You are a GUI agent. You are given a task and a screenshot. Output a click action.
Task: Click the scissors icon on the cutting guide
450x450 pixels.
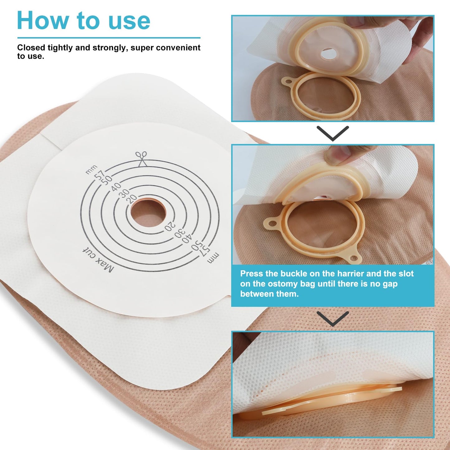141,159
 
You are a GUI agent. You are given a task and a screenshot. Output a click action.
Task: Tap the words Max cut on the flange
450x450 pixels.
98,261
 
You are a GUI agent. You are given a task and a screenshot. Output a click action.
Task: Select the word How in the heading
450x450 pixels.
43,21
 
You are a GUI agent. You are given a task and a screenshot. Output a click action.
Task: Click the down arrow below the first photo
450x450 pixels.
333,133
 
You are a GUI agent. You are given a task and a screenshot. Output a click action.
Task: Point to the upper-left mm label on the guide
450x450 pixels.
91,169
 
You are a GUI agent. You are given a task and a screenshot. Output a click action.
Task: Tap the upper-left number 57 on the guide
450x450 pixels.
100,175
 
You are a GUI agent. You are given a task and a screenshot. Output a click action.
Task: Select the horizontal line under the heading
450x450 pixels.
109,38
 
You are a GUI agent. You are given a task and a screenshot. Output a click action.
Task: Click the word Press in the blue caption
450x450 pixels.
252,274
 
